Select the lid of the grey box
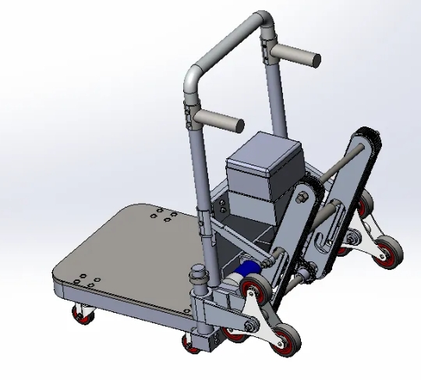(x=263, y=151)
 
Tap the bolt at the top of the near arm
(x=300, y=196)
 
